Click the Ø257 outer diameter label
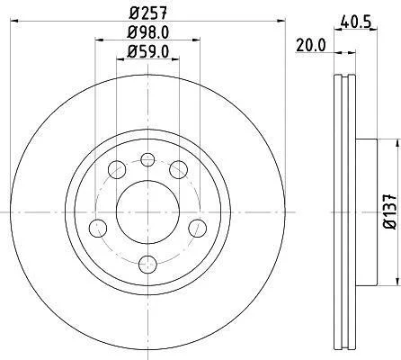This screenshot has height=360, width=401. click(147, 13)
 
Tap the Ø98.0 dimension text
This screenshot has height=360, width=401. click(147, 32)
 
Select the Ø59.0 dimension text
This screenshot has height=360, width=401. click(147, 51)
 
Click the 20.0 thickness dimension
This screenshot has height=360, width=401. click(311, 46)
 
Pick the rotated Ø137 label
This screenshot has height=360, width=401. click(390, 211)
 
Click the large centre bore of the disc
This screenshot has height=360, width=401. click(147, 212)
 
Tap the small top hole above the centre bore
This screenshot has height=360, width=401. click(147, 159)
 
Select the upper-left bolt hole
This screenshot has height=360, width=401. click(117, 169)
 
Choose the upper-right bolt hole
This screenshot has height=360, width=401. click(179, 169)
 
